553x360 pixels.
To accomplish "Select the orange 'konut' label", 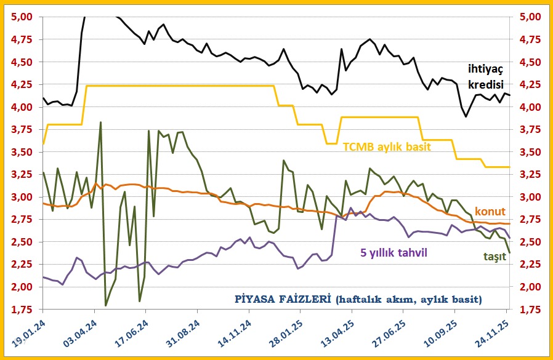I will pos(490,211).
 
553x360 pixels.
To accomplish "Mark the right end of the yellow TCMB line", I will pos(509,167).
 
